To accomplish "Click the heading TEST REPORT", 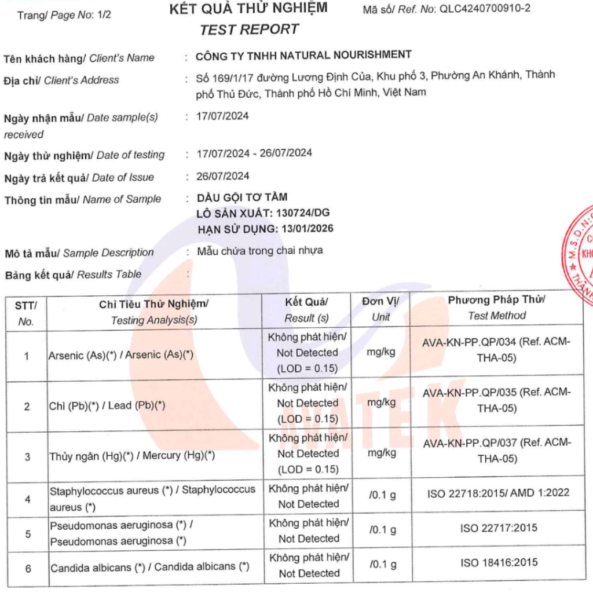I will [x=249, y=29].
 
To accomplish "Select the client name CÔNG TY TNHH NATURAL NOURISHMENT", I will [x=303, y=55].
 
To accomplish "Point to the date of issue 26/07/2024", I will [x=223, y=176].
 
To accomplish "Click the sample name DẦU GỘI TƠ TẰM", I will [x=242, y=197].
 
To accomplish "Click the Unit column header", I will [x=380, y=309].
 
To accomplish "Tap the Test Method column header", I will [x=496, y=308].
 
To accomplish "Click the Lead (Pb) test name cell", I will [x=107, y=405].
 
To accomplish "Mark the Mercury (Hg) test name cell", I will [x=132, y=456].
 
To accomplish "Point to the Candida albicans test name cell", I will [x=149, y=568].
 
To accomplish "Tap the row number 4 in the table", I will [x=27, y=498].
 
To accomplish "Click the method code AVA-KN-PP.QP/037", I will [x=469, y=443].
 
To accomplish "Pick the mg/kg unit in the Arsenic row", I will [x=381, y=352].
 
